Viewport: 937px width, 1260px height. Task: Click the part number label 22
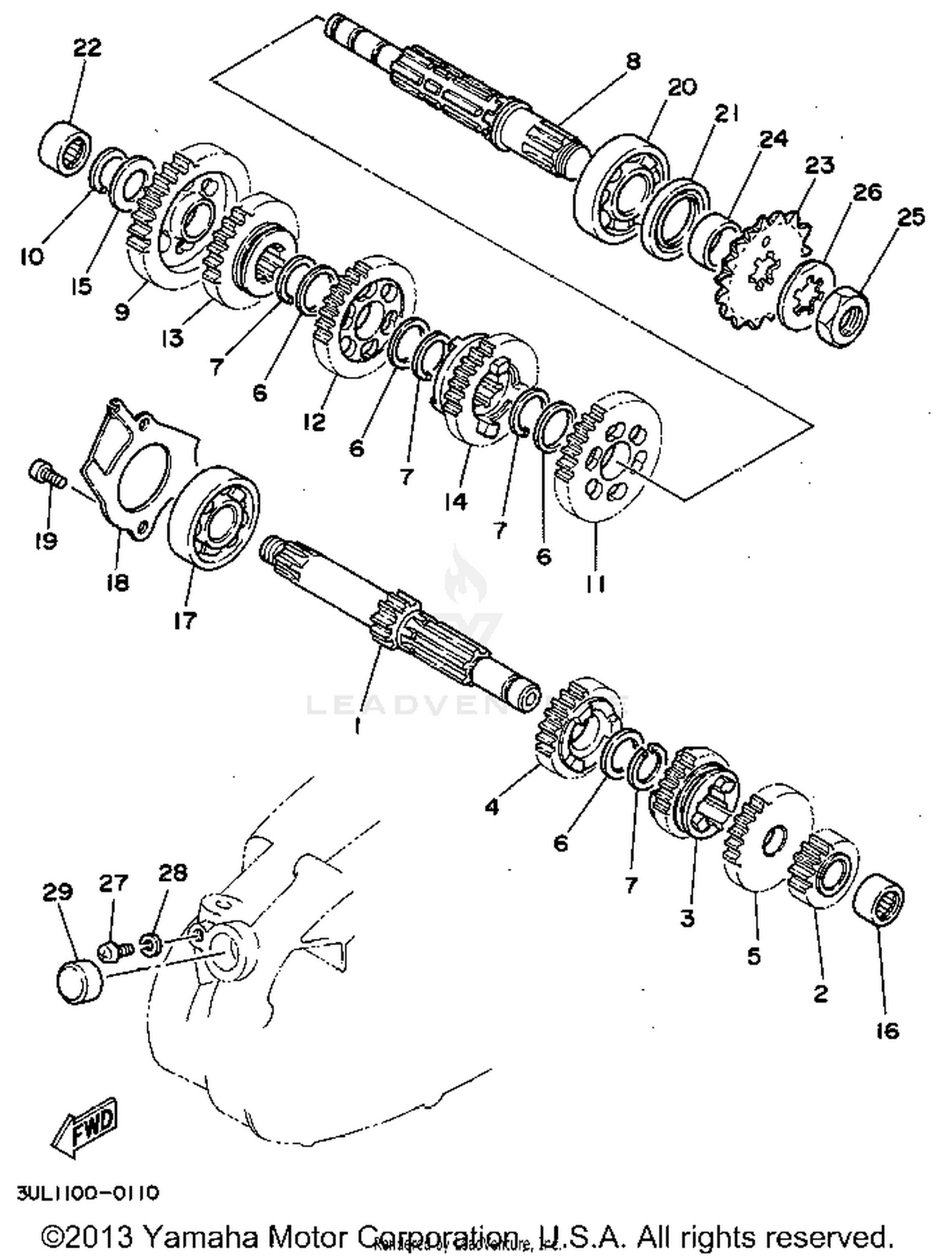tap(87, 47)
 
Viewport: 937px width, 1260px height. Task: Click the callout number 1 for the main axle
tap(357, 725)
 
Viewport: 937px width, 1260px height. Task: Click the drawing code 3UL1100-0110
tap(87, 1193)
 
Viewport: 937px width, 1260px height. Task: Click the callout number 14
tap(455, 501)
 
